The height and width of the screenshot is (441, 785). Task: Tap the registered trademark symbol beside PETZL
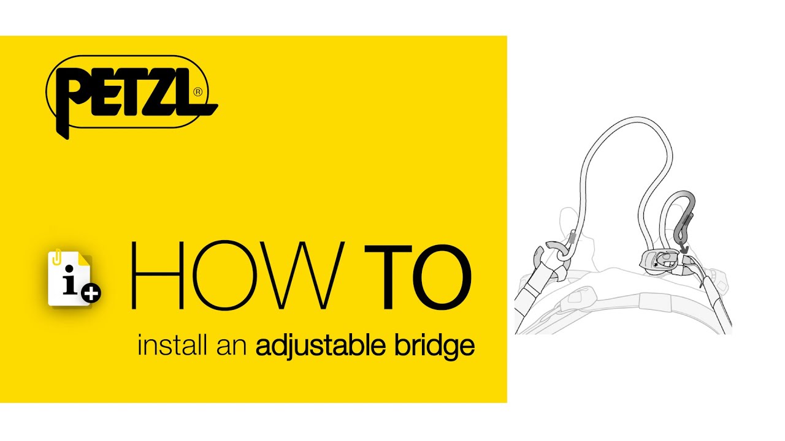tap(197, 92)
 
